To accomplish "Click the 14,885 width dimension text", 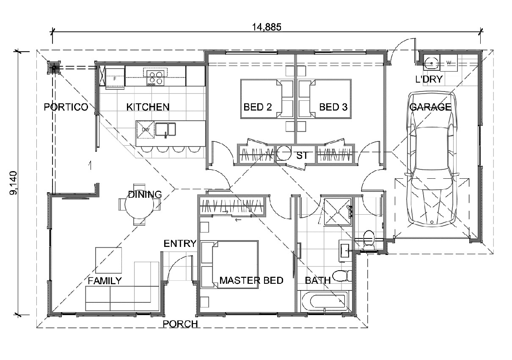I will click(267, 27).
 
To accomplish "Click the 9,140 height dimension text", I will click(14, 183).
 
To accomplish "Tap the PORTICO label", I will click(66, 107).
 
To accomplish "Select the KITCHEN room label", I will click(148, 107).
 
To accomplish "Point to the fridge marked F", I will click(115, 78).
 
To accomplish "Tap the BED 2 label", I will click(257, 107).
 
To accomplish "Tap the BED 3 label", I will click(333, 107).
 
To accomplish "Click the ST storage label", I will click(302, 155).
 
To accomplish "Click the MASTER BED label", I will click(251, 280).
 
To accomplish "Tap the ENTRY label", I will click(180, 244).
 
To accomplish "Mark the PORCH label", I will click(180, 324).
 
